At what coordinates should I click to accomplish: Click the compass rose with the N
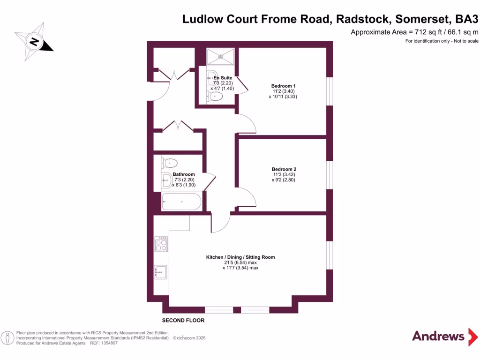point(34,41)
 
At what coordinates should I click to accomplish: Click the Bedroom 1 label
point(283,86)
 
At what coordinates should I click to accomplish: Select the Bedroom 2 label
point(284,169)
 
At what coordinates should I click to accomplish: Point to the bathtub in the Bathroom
point(181,202)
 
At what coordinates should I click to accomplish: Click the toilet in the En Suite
point(216,97)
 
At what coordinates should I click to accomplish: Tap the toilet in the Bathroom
point(170,163)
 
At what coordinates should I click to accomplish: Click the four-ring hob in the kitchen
point(161,244)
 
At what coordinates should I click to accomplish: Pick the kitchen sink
point(161,272)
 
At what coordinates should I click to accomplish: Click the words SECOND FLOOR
point(183,321)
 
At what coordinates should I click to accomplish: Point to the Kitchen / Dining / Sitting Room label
point(240,257)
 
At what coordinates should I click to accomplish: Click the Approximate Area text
point(414,32)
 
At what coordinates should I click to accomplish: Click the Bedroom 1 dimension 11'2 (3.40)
point(283,91)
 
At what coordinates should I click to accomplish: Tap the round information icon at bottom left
point(7,337)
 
